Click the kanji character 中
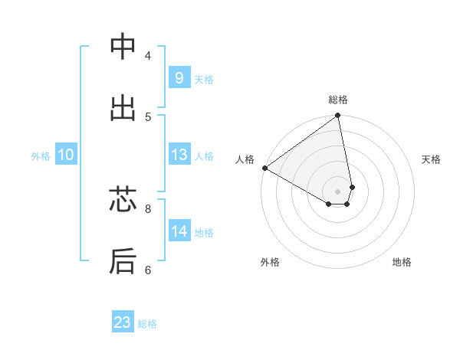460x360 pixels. coord(123,47)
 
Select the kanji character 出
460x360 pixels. coord(123,108)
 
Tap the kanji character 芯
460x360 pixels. coord(123,200)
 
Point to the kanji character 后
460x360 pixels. coord(123,261)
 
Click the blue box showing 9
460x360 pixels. coord(179,78)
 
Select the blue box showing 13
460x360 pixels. coord(179,155)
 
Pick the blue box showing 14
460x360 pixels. coord(179,231)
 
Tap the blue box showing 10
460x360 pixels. coord(66,155)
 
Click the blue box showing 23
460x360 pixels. coord(123,322)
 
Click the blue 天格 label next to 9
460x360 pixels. coord(204,80)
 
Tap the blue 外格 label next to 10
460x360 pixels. coord(41,156)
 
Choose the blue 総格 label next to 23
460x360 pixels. coord(147,324)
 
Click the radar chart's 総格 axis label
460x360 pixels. coord(338,100)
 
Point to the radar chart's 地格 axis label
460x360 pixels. coord(402,262)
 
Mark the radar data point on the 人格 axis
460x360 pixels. coord(264,168)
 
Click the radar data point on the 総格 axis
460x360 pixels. coord(338,116)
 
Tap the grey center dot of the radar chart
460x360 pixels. coord(338,191)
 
